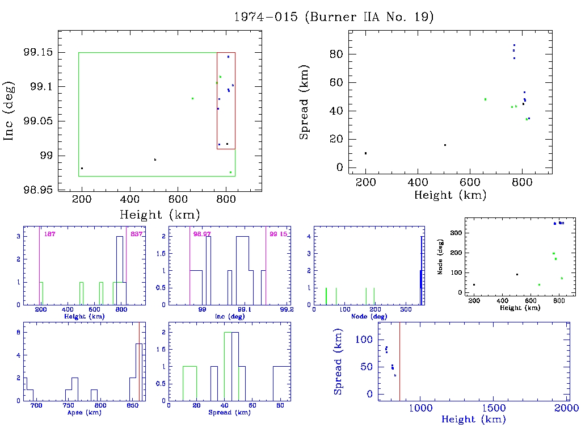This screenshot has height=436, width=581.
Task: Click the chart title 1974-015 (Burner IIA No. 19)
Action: point(334,16)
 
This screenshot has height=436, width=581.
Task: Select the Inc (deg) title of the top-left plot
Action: point(10,122)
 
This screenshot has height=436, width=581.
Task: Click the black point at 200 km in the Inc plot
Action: point(82,168)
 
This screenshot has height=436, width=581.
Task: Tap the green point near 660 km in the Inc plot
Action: point(192,98)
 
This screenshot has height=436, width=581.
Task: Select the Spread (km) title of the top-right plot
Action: point(305,112)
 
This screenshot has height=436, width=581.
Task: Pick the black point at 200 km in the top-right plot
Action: point(365,153)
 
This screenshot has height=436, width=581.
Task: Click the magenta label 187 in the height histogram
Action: point(49,234)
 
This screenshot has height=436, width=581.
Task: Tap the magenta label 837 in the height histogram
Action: point(136,234)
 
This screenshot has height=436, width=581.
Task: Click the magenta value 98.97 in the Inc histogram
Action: point(201,234)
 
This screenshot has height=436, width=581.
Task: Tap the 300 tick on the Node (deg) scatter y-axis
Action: point(454,233)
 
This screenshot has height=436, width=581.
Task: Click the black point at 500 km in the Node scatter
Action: point(517,274)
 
